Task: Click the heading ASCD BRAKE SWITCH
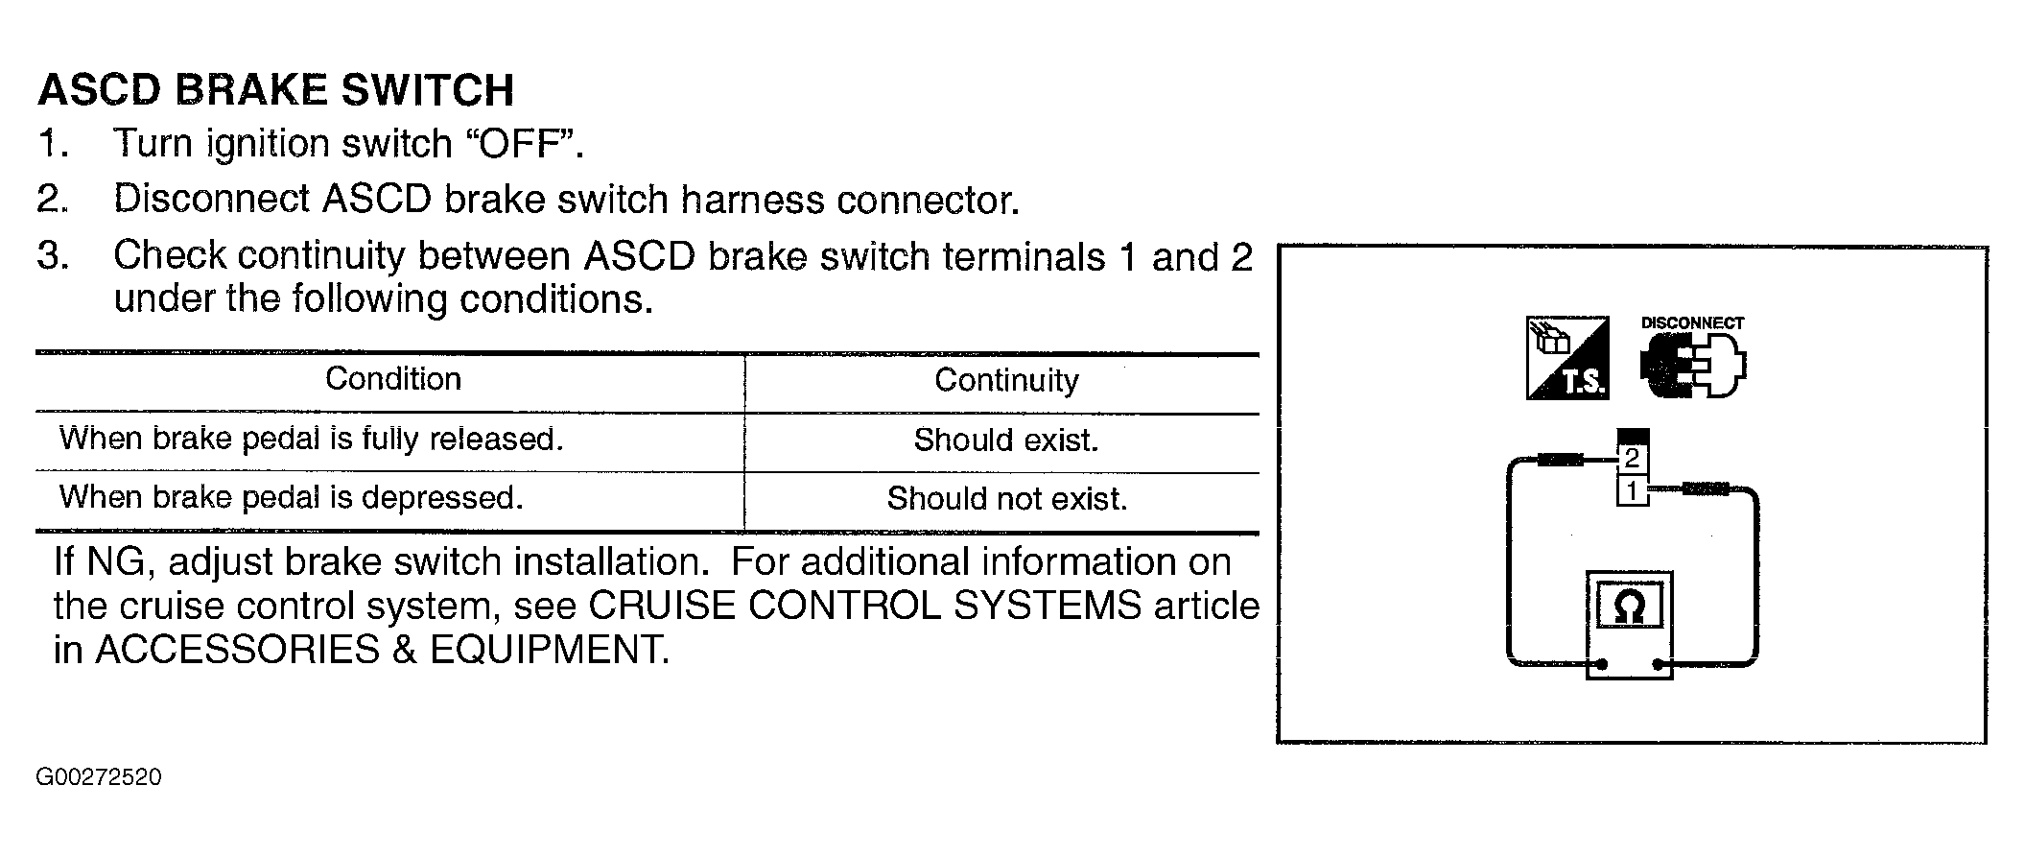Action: click(x=276, y=90)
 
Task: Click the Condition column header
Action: click(x=393, y=378)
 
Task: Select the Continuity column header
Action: click(x=1006, y=380)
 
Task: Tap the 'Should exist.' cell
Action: click(x=1006, y=440)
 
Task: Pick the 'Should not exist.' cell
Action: click(x=1006, y=498)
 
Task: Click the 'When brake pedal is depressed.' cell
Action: click(x=292, y=497)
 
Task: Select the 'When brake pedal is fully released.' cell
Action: click(x=311, y=439)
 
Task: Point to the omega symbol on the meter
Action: click(x=1630, y=607)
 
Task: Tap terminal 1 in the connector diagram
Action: click(x=1632, y=491)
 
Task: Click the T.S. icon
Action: click(x=1566, y=358)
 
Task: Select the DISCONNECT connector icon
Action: click(x=1693, y=357)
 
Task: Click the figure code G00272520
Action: click(x=99, y=776)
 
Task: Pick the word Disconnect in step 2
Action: click(x=212, y=199)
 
